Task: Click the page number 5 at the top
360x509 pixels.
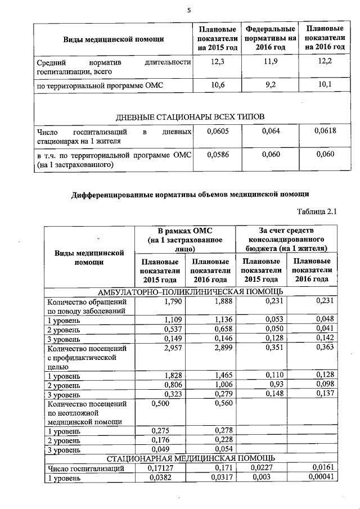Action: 190,10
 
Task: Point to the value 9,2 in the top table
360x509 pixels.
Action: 271,85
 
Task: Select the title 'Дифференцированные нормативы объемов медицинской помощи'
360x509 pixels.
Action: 190,195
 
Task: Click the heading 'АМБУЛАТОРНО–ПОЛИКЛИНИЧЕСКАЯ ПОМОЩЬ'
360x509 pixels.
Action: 191,291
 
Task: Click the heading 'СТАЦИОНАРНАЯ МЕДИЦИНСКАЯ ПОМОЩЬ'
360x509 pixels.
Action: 191,457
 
